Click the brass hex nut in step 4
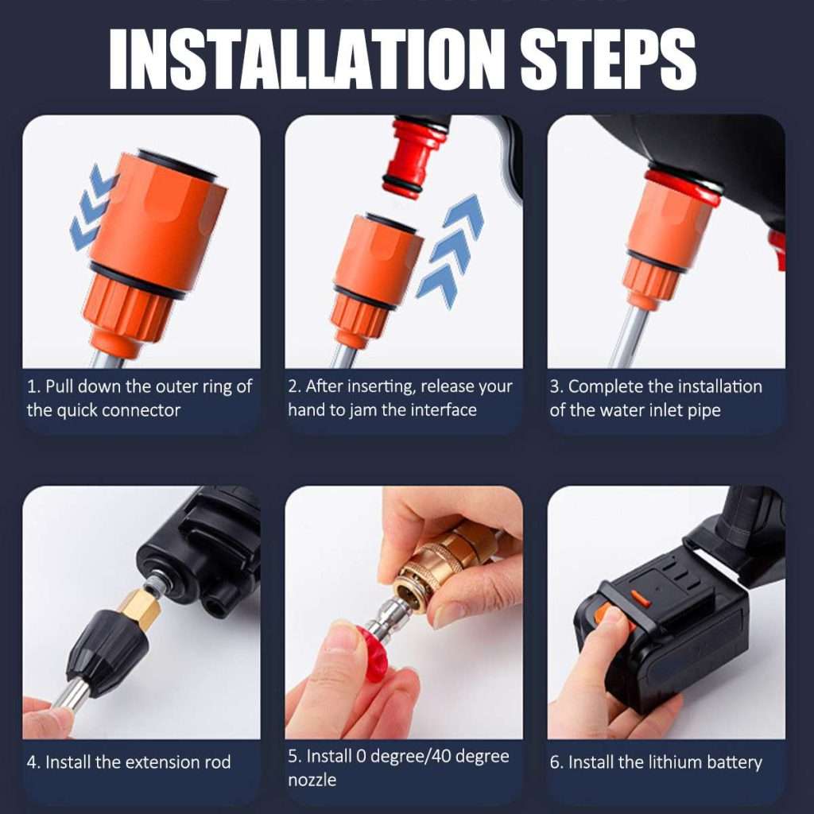pyautogui.click(x=144, y=609)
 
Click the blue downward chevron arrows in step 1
pyautogui.click(x=91, y=207)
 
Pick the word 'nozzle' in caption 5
pyautogui.click(x=312, y=780)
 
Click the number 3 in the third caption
pyautogui.click(x=555, y=387)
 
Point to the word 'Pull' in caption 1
pyautogui.click(x=60, y=387)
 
